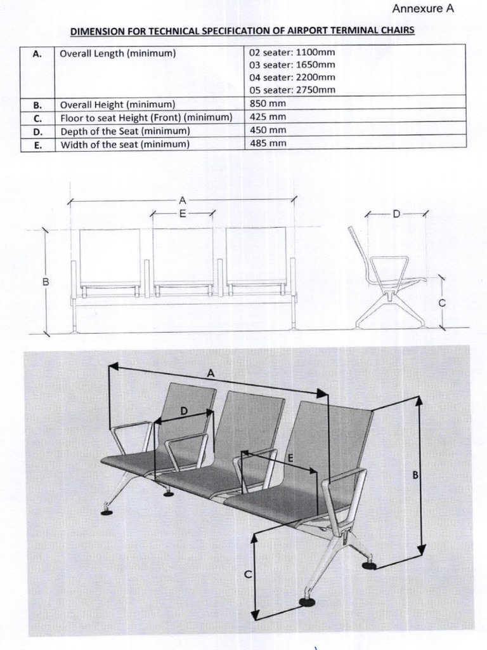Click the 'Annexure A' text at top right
point(424,9)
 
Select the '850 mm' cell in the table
point(268,103)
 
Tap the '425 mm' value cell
point(268,117)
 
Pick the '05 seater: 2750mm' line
point(292,90)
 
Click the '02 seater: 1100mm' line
point(292,53)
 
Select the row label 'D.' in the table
point(37,131)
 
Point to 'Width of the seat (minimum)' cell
point(125,144)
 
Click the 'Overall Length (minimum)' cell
point(117,53)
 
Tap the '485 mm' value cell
point(268,143)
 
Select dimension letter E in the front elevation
point(182,214)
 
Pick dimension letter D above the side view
point(396,214)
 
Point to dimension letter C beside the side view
point(443,303)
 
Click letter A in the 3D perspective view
point(211,374)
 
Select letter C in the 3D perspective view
point(248,574)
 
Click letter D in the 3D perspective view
point(184,411)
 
